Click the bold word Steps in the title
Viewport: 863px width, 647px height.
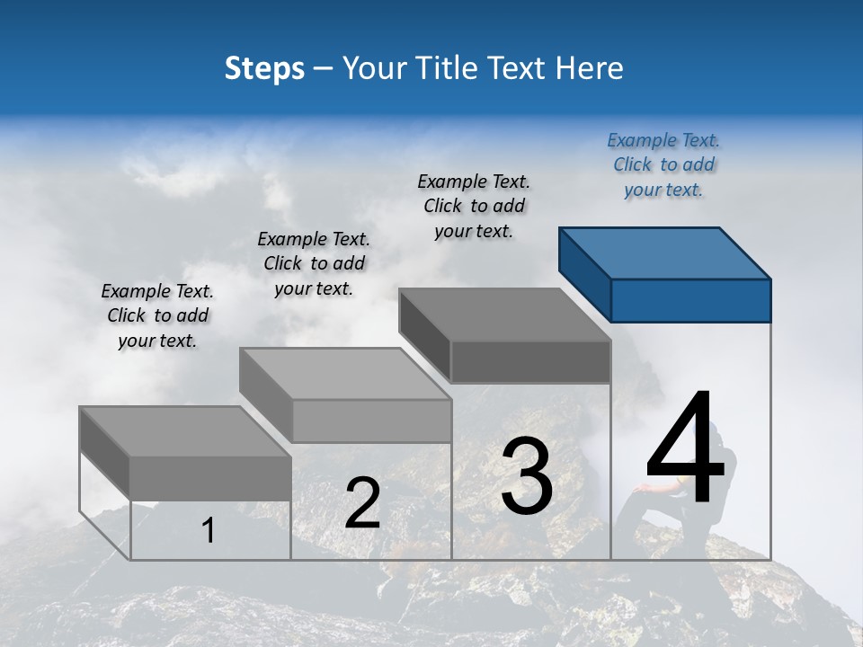[x=264, y=68]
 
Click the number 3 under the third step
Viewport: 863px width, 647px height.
[x=527, y=476]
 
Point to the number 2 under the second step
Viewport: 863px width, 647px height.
[x=362, y=503]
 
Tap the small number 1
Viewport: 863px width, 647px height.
[x=209, y=530]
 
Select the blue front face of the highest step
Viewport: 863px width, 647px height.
[x=690, y=300]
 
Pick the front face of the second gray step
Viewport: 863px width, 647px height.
[x=371, y=421]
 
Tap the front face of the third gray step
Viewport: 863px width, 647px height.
[x=530, y=361]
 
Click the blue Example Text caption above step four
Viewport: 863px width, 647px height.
[x=663, y=164]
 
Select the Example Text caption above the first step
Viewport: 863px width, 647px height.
[x=157, y=315]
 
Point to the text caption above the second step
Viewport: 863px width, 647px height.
[x=314, y=263]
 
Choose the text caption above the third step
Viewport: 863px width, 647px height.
[x=474, y=206]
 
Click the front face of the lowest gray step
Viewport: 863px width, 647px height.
[x=210, y=478]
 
